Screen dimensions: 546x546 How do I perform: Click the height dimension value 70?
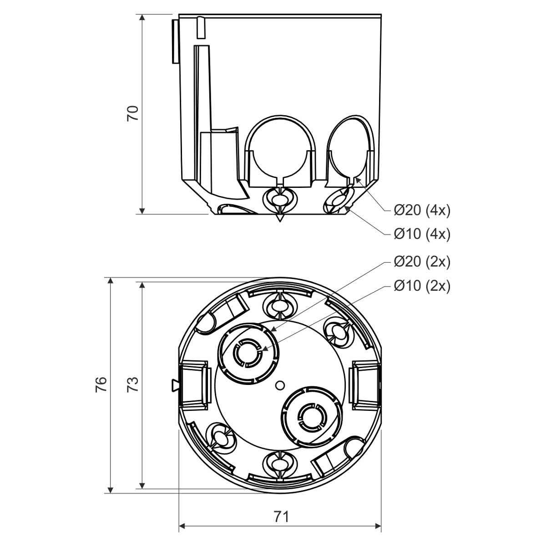coord(132,114)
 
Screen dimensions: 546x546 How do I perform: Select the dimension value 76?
coord(101,384)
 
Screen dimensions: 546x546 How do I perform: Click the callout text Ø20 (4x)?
coord(422,211)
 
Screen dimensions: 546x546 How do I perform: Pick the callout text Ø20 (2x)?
coord(422,262)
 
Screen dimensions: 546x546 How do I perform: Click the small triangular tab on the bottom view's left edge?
coord(175,384)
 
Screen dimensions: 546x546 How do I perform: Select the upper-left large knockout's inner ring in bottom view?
coord(247,353)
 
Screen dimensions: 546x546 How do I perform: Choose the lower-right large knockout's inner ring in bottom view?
coord(312,416)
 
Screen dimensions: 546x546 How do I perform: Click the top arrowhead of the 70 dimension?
coord(142,17)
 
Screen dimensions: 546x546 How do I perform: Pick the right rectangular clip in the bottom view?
coord(365,385)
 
